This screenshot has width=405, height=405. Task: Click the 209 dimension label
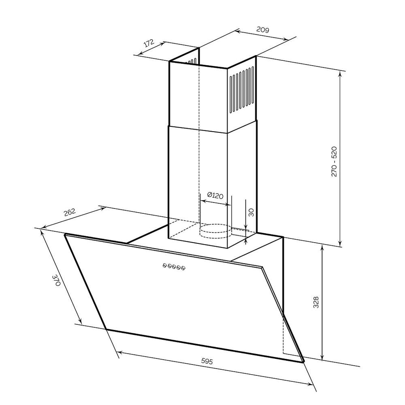(x=263, y=30)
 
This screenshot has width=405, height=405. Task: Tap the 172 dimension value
(x=149, y=43)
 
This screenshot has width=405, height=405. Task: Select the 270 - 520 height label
(x=334, y=162)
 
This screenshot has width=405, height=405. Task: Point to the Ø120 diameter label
(x=215, y=195)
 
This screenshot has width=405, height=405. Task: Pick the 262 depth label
(x=70, y=212)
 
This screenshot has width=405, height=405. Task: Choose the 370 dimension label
(x=56, y=280)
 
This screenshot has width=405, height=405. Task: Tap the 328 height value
(x=316, y=302)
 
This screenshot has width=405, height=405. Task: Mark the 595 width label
(x=207, y=361)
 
